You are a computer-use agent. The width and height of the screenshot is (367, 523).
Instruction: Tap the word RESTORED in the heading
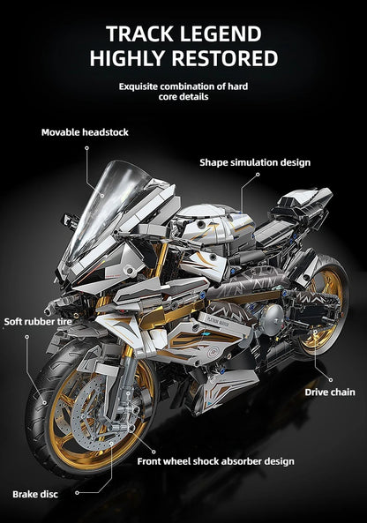(220, 59)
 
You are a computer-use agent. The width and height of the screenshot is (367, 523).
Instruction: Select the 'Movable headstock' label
(85, 132)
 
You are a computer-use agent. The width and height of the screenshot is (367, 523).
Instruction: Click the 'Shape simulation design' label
(254, 162)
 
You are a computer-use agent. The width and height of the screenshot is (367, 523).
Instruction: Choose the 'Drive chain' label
(330, 392)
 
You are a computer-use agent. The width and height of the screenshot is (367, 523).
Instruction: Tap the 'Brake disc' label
(35, 494)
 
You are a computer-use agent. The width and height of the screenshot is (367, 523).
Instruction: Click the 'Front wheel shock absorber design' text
(215, 461)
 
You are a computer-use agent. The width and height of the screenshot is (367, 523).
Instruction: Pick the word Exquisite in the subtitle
(141, 86)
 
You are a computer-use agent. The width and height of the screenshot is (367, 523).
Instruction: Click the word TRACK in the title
(139, 34)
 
